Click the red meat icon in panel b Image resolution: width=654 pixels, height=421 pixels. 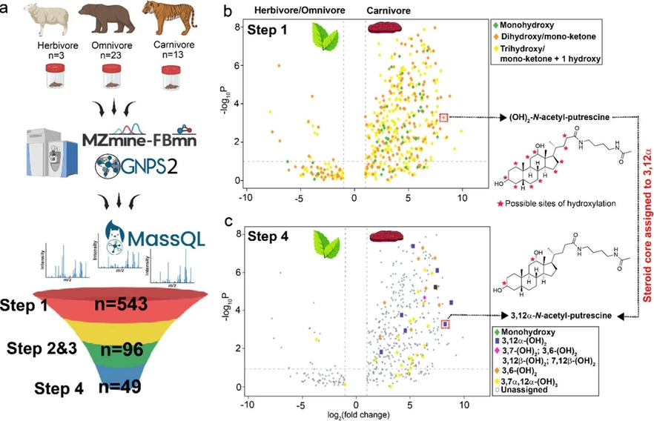pyautogui.click(x=385, y=28)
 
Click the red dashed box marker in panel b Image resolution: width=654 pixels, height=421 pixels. pyautogui.click(x=443, y=117)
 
